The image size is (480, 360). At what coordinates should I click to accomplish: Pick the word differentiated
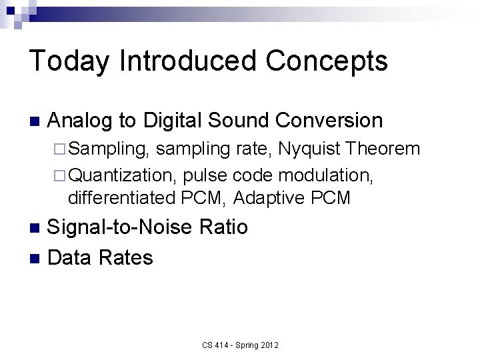point(122,198)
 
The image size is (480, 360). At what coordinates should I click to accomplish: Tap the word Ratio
point(224,228)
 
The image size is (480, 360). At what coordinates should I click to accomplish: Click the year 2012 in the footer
point(269,345)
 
